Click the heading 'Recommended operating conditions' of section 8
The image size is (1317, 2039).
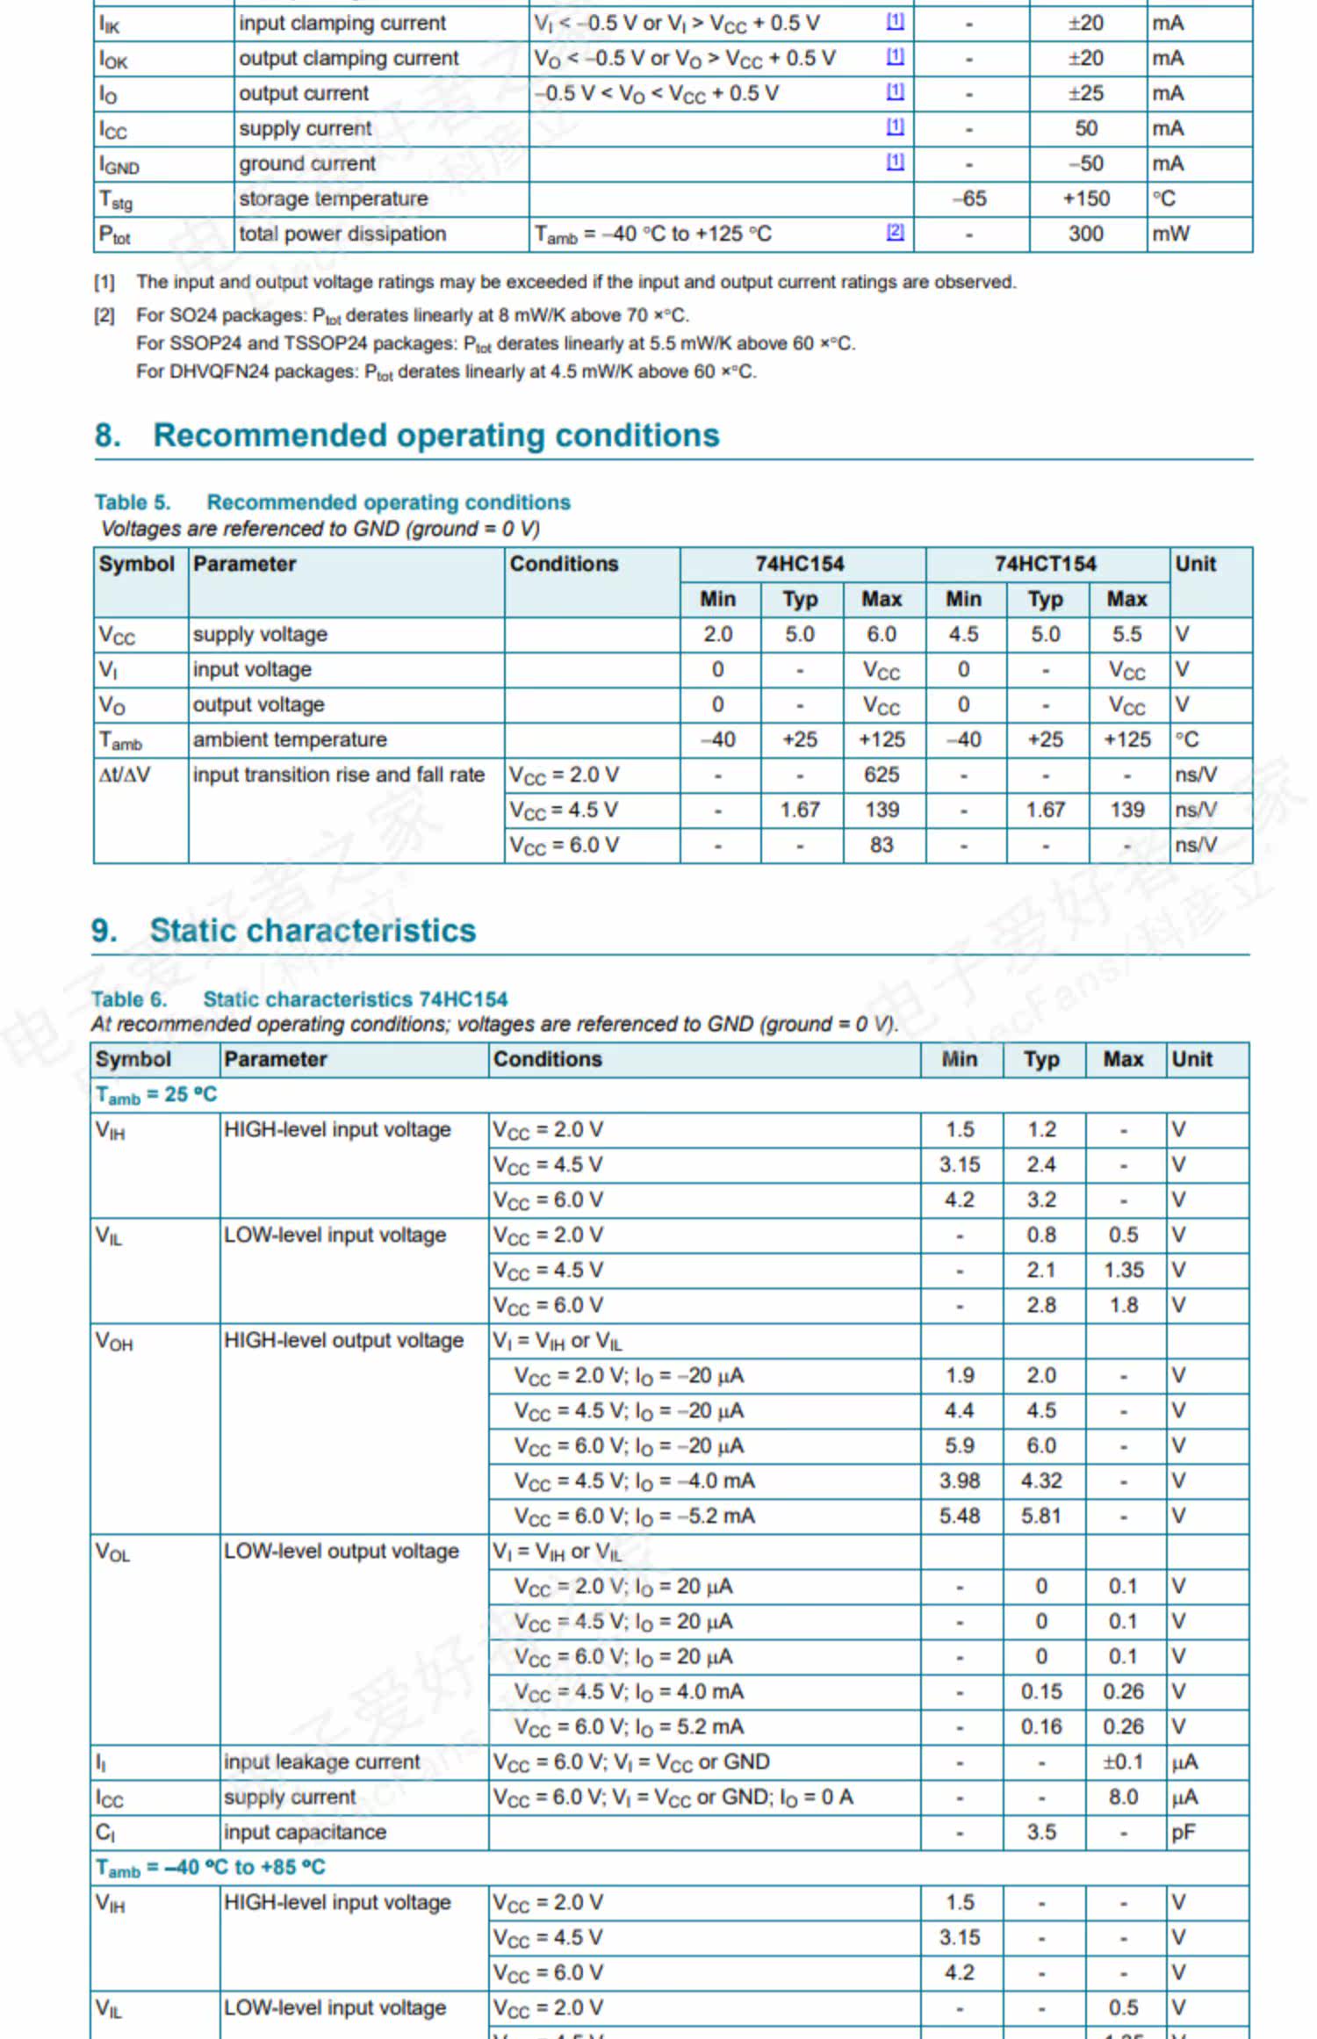click(435, 436)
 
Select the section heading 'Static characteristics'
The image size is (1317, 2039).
click(313, 931)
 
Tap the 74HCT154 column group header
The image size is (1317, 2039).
click(1045, 564)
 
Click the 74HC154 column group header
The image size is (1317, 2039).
click(799, 564)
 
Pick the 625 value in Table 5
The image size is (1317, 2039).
click(882, 775)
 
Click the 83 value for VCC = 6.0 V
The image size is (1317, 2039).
click(882, 845)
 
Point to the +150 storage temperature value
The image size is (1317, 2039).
click(1086, 198)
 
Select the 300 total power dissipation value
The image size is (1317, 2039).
click(1086, 234)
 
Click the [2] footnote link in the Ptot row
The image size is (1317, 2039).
click(895, 232)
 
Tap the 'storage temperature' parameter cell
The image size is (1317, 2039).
click(334, 198)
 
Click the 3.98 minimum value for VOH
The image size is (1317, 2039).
click(960, 1481)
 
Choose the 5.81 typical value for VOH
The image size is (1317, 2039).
click(1041, 1516)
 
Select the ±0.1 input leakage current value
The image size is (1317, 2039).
click(1123, 1762)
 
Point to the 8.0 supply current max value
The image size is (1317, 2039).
click(1123, 1797)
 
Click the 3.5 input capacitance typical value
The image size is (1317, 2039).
click(1041, 1832)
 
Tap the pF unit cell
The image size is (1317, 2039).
click(1184, 1832)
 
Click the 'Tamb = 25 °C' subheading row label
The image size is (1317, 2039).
click(156, 1095)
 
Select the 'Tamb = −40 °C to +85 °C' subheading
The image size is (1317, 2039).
click(211, 1868)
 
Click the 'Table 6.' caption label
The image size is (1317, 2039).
click(129, 999)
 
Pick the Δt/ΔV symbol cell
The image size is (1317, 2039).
click(125, 775)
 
